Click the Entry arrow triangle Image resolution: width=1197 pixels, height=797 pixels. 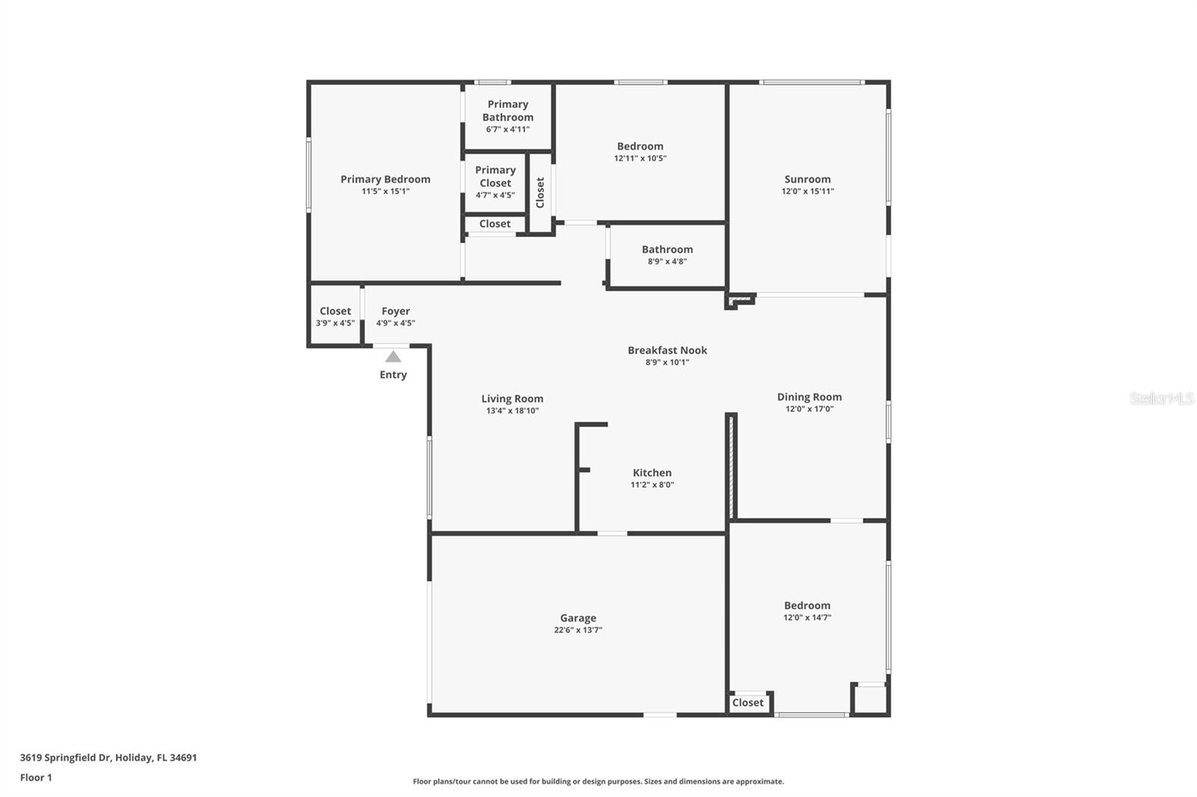click(393, 357)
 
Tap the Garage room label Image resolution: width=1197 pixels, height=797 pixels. click(578, 618)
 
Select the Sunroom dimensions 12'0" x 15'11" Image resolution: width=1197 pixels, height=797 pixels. click(807, 191)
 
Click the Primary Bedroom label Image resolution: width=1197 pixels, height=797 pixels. click(385, 179)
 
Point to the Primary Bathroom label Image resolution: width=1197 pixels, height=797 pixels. click(508, 111)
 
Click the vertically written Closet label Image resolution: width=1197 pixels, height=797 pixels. click(540, 192)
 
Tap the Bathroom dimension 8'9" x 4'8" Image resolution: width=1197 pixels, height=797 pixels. click(667, 262)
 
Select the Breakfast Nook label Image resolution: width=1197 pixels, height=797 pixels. click(667, 350)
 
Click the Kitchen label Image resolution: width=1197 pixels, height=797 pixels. click(652, 473)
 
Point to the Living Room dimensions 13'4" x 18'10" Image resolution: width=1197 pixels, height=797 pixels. click(512, 411)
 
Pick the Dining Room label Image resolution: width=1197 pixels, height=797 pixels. click(809, 397)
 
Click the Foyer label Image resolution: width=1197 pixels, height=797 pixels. click(395, 311)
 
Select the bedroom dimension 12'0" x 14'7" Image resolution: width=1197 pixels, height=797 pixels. click(807, 618)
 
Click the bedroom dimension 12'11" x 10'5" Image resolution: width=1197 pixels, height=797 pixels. click(640, 159)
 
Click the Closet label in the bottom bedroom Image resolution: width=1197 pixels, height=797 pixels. click(747, 703)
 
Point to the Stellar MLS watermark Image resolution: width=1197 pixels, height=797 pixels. click(1161, 398)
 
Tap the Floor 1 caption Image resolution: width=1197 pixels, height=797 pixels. click(36, 778)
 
